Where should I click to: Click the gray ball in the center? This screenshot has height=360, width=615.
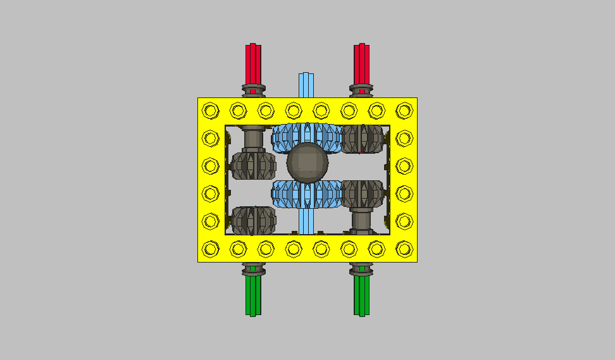(307, 163)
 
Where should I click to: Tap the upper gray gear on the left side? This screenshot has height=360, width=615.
(253, 165)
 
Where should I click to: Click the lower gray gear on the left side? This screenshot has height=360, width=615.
(253, 220)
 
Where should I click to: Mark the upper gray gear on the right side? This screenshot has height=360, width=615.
(363, 139)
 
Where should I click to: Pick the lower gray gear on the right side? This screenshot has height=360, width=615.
(363, 194)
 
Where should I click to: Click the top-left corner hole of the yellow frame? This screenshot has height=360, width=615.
(210, 111)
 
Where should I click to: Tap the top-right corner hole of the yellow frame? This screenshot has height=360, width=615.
(404, 111)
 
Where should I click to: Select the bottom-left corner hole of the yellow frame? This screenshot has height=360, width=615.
(210, 249)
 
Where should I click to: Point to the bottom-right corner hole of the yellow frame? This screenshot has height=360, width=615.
(404, 249)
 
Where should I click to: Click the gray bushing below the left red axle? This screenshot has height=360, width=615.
(253, 89)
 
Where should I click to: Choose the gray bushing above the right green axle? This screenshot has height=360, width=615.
(362, 270)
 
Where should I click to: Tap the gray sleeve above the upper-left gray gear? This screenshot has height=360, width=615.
(253, 137)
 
